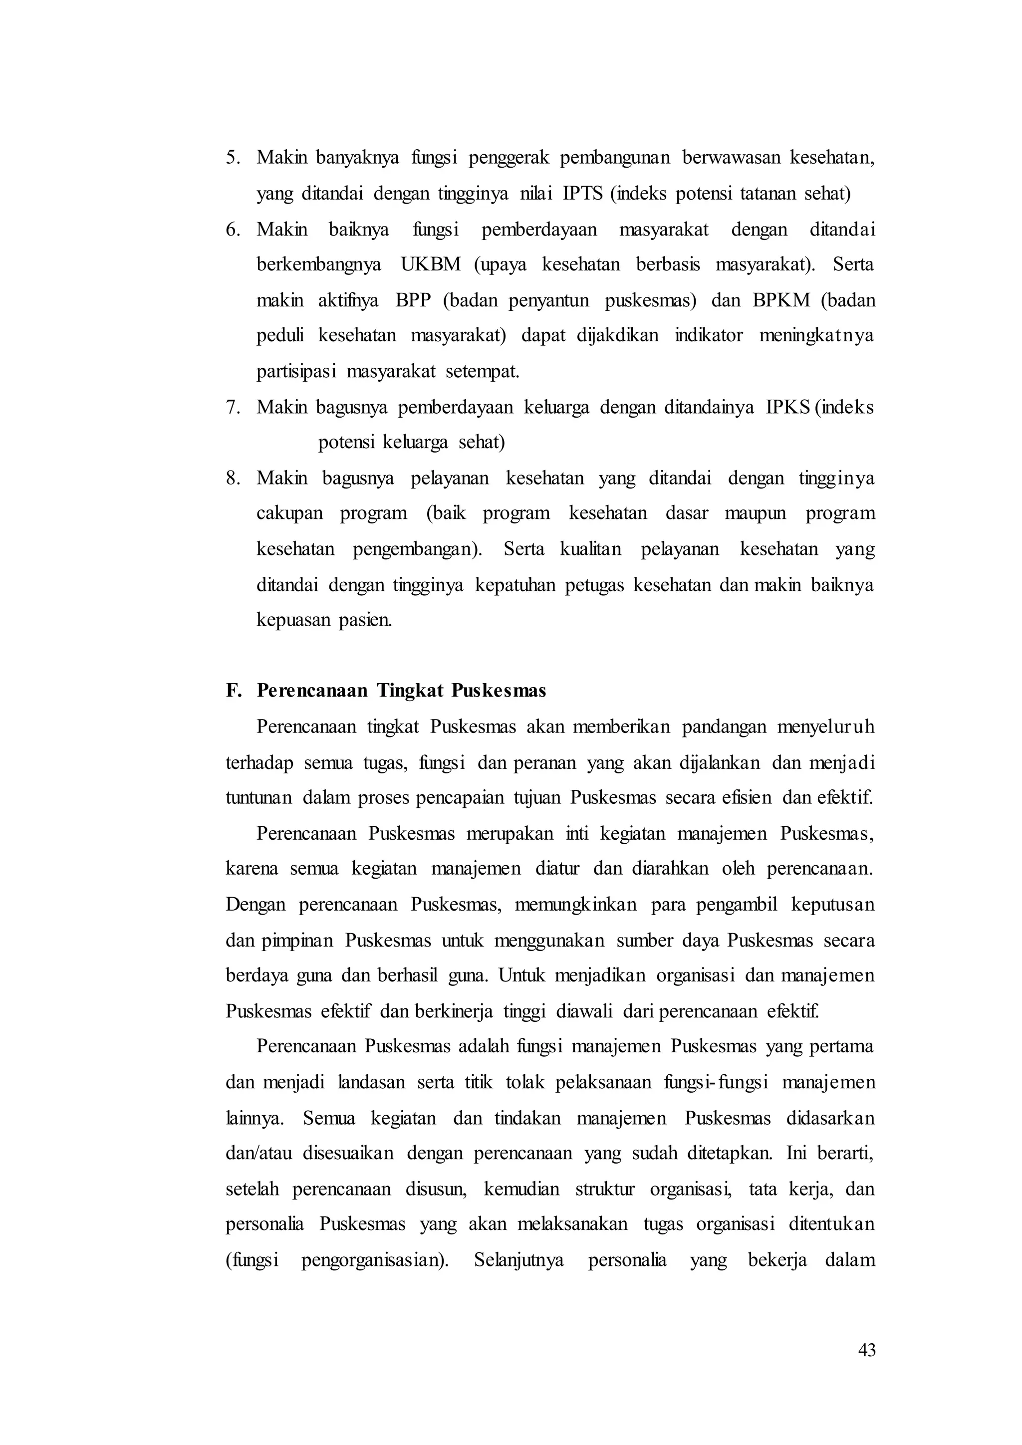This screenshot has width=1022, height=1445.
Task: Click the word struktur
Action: (605, 1190)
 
